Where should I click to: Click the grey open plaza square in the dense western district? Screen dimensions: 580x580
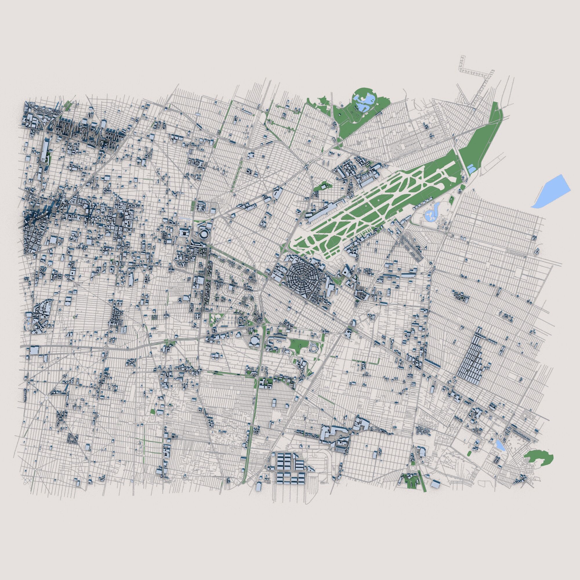coord(120,221)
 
